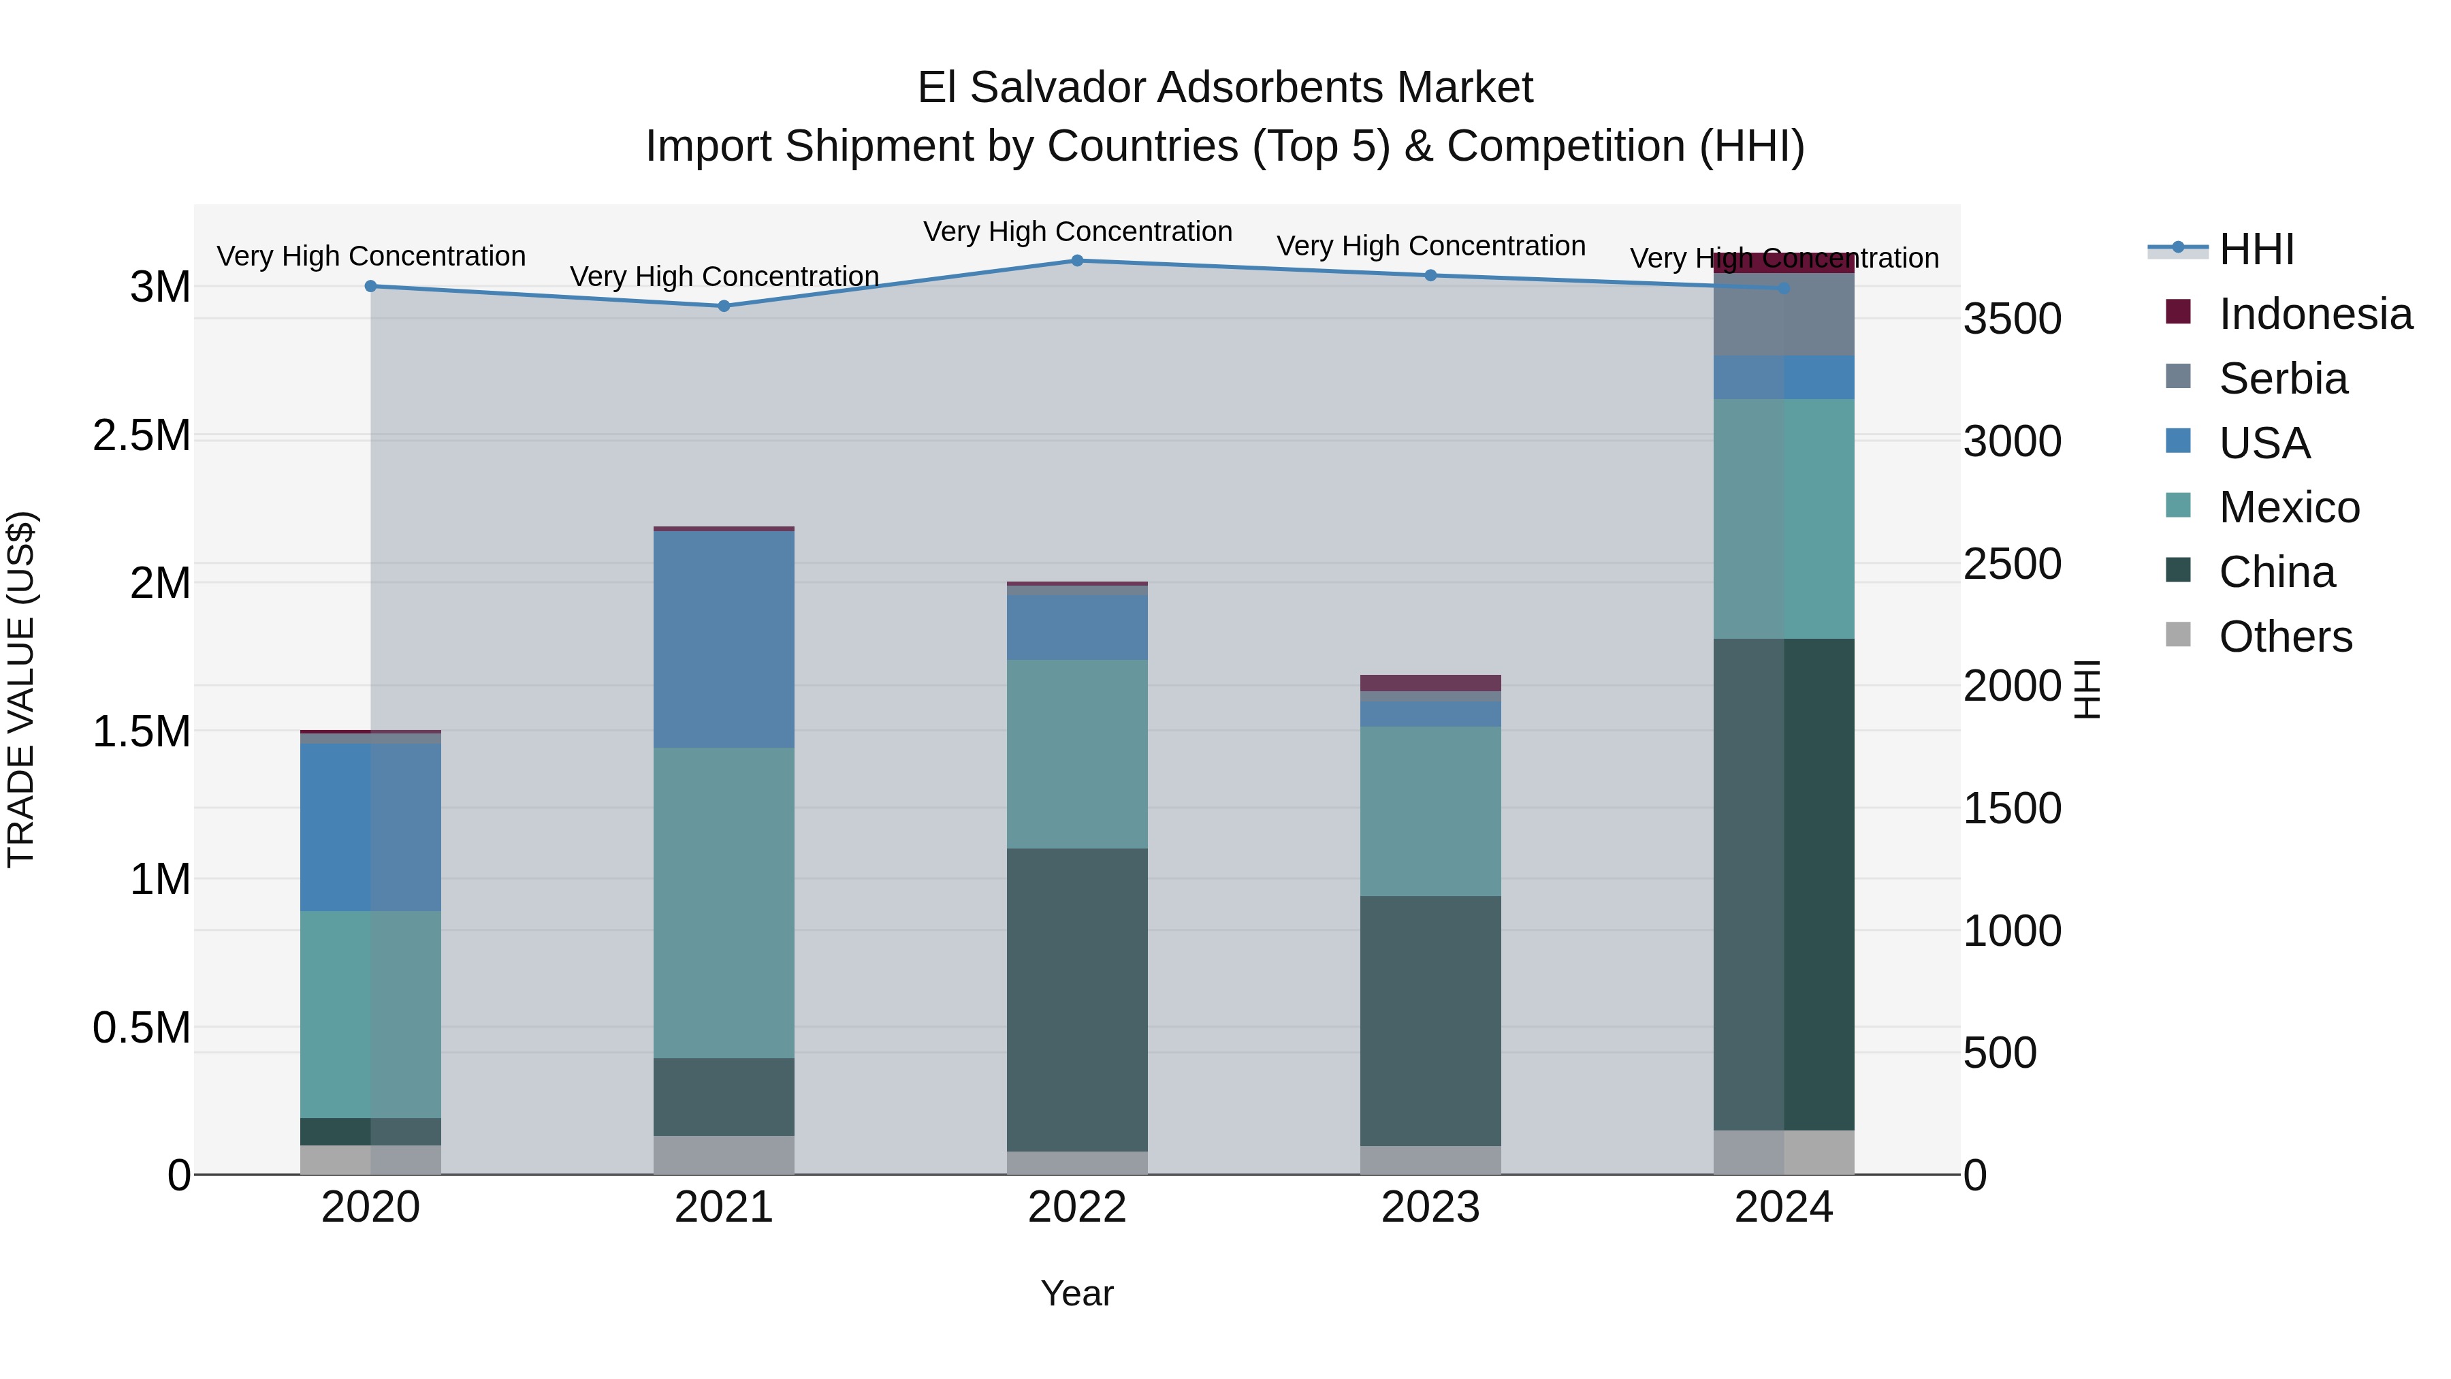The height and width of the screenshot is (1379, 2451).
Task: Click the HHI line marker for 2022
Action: click(1077, 261)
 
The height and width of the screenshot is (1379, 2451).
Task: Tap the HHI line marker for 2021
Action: click(724, 306)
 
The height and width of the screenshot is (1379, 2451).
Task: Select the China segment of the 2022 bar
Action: click(1077, 999)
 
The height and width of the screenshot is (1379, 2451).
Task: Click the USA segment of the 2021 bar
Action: click(724, 639)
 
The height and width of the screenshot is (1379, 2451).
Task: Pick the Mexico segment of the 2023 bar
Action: click(1430, 811)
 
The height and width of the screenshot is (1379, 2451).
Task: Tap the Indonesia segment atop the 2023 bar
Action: click(1430, 683)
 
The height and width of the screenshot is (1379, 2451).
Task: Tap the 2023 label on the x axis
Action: click(1430, 1207)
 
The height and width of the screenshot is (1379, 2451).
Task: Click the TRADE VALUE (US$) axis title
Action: click(21, 689)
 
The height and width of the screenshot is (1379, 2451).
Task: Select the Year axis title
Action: click(1077, 1293)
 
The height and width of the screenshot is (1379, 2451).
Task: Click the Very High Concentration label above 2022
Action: click(1077, 232)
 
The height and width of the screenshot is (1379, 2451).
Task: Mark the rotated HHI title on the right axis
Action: click(2087, 689)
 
